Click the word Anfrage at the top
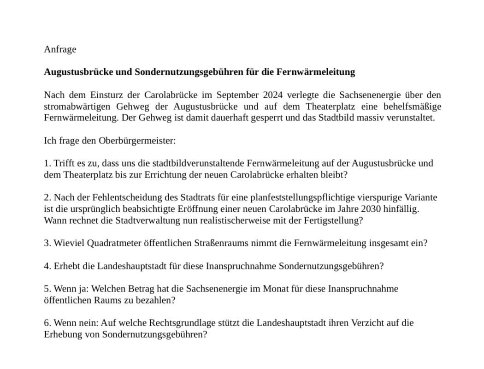coord(60,49)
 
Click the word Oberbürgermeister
coord(137,141)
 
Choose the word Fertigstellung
coord(333,220)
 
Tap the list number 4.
coord(47,266)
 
